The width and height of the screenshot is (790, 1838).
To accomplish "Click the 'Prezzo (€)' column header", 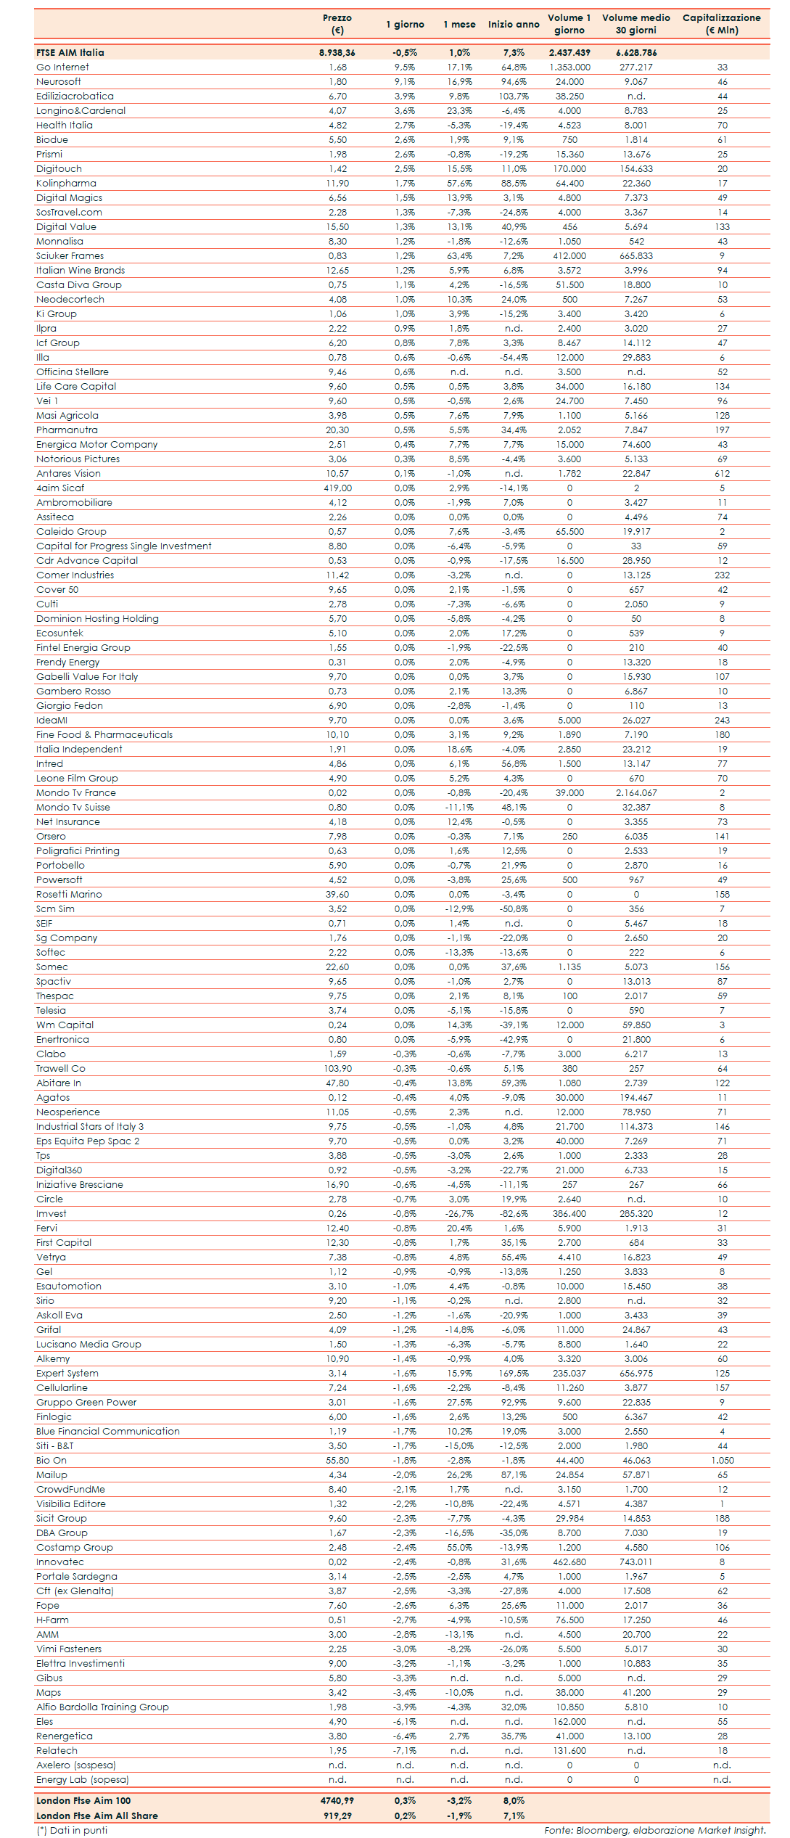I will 337,24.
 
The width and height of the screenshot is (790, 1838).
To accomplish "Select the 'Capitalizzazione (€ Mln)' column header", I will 721,24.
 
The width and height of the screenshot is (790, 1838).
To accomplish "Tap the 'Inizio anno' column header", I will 514,24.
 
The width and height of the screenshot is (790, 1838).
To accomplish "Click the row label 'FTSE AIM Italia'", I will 70,53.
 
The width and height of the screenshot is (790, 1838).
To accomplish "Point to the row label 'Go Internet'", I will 63,67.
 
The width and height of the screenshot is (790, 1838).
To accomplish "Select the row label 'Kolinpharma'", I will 66,184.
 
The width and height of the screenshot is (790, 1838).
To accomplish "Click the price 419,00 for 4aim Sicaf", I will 337,488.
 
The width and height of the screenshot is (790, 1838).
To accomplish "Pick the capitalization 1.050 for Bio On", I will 722,1461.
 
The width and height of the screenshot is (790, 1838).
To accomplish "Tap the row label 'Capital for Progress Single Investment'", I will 124,546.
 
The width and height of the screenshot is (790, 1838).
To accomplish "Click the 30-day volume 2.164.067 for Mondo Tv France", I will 635,793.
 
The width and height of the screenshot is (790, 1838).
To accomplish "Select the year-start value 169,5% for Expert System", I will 514,1374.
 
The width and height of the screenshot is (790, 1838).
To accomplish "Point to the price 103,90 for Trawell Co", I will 337,1069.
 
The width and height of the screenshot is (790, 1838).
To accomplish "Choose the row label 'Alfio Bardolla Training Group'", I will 102,1707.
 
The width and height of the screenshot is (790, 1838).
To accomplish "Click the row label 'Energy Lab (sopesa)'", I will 83,1780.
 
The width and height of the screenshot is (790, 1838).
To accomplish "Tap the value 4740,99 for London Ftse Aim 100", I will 337,1801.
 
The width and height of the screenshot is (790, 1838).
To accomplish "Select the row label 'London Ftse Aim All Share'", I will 97,1816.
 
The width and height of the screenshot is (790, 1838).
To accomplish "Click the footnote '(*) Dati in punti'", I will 72,1830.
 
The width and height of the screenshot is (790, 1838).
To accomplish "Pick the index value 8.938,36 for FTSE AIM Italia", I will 337,53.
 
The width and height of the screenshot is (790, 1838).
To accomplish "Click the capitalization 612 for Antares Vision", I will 722,474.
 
